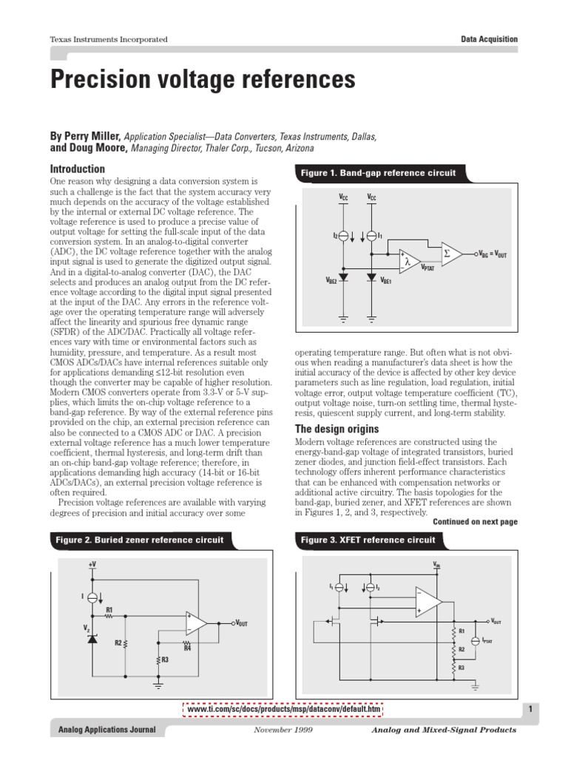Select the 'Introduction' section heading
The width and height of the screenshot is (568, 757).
pyautogui.click(x=78, y=169)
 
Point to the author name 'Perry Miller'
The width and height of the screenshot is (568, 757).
pyautogui.click(x=94, y=136)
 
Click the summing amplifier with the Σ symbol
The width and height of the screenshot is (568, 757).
pyautogui.click(x=451, y=253)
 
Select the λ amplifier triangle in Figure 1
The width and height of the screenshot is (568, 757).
pyautogui.click(x=408, y=260)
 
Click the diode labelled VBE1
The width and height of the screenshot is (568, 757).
pyautogui.click(x=371, y=277)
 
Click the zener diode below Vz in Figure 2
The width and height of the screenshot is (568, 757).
pyautogui.click(x=92, y=637)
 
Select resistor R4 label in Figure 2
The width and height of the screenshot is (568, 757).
pyautogui.click(x=187, y=649)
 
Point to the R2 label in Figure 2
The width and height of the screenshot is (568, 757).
pyautogui.click(x=118, y=643)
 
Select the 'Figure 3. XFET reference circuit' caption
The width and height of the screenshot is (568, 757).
pyautogui.click(x=368, y=540)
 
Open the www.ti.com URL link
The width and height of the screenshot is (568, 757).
pyautogui.click(x=284, y=710)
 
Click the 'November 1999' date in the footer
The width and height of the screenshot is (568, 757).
pyautogui.click(x=283, y=730)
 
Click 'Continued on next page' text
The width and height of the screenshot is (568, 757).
pyautogui.click(x=475, y=521)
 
